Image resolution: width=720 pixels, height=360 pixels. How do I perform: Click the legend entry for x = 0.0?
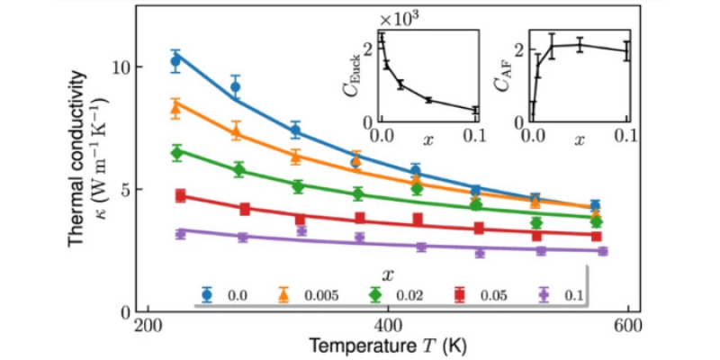pyautogui.click(x=223, y=293)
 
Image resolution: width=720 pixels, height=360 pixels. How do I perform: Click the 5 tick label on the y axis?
pyautogui.click(x=126, y=190)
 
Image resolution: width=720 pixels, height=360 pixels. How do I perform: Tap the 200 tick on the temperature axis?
pyautogui.click(x=146, y=326)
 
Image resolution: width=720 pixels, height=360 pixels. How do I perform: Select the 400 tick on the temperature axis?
pyautogui.click(x=387, y=326)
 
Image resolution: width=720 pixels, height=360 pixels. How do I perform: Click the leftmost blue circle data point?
pyautogui.click(x=176, y=61)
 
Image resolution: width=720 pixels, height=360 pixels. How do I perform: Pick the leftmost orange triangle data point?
pyautogui.click(x=176, y=106)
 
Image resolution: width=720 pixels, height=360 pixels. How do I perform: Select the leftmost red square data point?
pyautogui.click(x=180, y=195)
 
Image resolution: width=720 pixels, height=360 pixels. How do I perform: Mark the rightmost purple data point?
pyautogui.click(x=602, y=251)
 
